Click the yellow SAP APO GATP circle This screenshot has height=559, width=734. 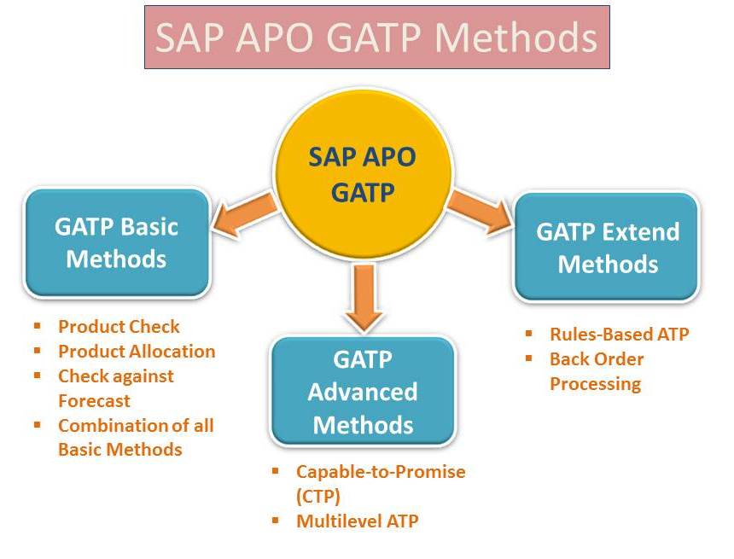click(363, 173)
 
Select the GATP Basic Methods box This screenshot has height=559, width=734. click(117, 242)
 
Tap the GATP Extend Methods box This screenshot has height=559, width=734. click(607, 247)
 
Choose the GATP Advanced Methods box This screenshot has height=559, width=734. click(363, 391)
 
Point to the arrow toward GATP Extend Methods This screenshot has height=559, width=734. click(480, 210)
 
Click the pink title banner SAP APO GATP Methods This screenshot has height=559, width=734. click(377, 38)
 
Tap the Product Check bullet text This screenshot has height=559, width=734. click(119, 326)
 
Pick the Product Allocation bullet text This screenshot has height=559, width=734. click(137, 351)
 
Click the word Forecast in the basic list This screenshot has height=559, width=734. click(94, 401)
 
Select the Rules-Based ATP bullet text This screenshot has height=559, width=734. click(620, 335)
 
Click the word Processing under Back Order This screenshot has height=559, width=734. click(595, 384)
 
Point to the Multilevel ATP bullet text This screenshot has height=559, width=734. click(357, 521)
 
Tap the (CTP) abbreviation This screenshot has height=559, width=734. click(317, 496)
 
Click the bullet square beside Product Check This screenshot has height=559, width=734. click(38, 325)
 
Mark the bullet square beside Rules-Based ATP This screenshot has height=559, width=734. click(529, 334)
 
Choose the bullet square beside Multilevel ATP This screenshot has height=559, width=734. click(275, 520)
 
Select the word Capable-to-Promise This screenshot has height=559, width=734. click(381, 471)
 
